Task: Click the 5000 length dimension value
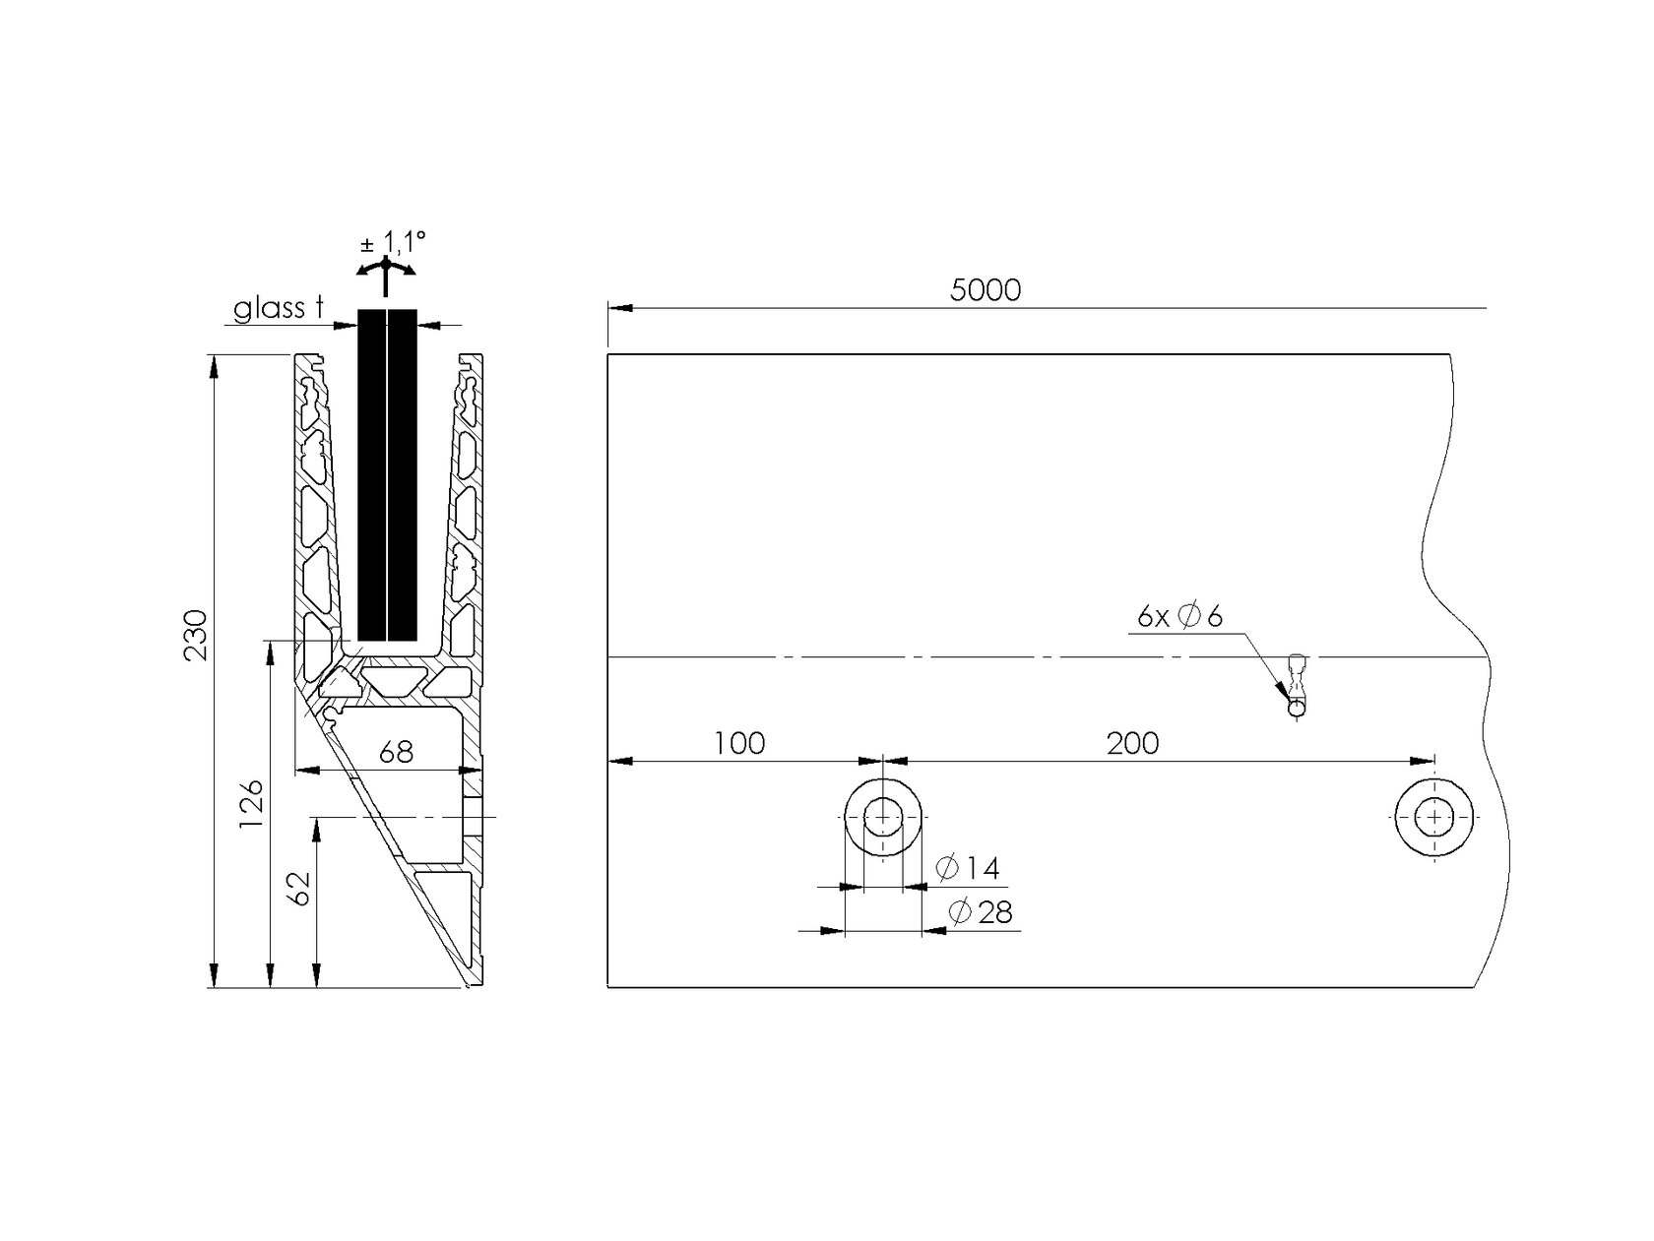click(986, 290)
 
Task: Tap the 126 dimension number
click(253, 803)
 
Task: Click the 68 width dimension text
click(396, 753)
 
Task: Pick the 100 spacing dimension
click(739, 744)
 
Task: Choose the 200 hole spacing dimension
click(1132, 744)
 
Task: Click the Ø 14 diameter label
click(968, 868)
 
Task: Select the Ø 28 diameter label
click(981, 913)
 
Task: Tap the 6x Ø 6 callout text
click(1179, 617)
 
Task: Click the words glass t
click(279, 309)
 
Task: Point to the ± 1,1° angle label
click(393, 241)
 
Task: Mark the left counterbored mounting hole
click(883, 818)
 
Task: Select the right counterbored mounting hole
click(1434, 818)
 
